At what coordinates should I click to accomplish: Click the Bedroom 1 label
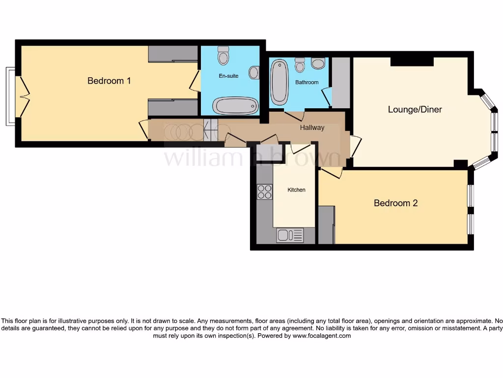(109, 81)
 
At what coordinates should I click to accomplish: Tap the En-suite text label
(228, 76)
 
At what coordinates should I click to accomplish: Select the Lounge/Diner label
(415, 109)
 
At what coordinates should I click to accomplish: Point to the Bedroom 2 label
(395, 203)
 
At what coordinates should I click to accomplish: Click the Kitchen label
(296, 190)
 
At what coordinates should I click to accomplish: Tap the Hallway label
(312, 127)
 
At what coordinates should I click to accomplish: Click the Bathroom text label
(307, 83)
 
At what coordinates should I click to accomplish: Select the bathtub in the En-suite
(235, 105)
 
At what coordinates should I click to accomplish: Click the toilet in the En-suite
(224, 56)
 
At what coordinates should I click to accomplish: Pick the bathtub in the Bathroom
(279, 82)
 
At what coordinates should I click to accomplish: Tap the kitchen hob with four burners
(264, 191)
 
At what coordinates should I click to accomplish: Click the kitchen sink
(290, 235)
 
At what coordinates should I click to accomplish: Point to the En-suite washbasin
(254, 73)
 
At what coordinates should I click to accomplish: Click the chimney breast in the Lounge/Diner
(412, 62)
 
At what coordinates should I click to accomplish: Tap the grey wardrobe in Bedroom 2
(326, 224)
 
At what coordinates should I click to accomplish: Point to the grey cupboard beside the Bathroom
(341, 83)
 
